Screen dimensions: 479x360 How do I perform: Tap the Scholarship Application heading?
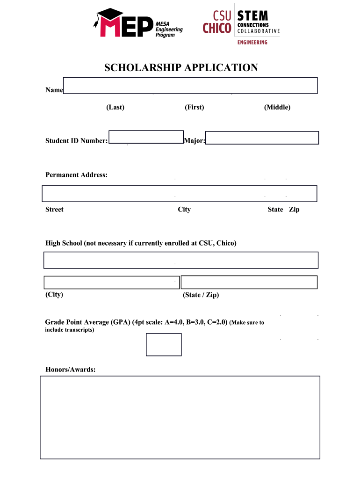pos(180,68)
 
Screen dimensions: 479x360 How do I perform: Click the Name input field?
pos(190,86)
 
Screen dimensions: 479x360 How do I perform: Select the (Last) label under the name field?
pos(115,107)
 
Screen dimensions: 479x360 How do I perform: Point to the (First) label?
pos(194,107)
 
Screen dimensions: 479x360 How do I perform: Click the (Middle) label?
pos(277,107)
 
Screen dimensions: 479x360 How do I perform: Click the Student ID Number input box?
pos(146,137)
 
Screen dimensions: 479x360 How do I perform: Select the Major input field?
pos(262,138)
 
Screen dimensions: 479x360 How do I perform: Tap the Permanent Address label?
pos(76,175)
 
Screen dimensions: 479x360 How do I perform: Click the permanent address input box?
pos(180,194)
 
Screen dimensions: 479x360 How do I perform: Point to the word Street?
pos(54,210)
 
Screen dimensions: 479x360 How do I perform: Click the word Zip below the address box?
pos(294,210)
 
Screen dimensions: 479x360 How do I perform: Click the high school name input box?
pos(180,260)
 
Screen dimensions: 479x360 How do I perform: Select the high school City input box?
pos(111,283)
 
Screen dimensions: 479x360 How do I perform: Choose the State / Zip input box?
pos(249,283)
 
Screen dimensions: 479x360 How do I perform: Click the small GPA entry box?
pos(164,344)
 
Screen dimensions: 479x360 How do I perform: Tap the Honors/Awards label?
pos(71,370)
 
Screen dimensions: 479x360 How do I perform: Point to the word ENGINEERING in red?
pos(252,43)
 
